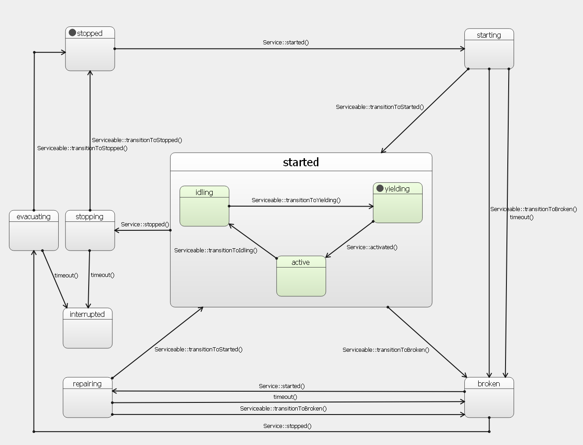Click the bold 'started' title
tap(301, 162)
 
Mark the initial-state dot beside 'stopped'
tap(72, 33)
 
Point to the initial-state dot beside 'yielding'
tap(380, 188)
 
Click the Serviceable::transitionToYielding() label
tap(296, 200)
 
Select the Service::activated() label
tap(372, 247)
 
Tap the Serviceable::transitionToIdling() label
tap(216, 251)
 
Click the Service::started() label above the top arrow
tap(286, 43)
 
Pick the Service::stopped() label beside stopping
tap(145, 225)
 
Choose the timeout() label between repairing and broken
tap(285, 397)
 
